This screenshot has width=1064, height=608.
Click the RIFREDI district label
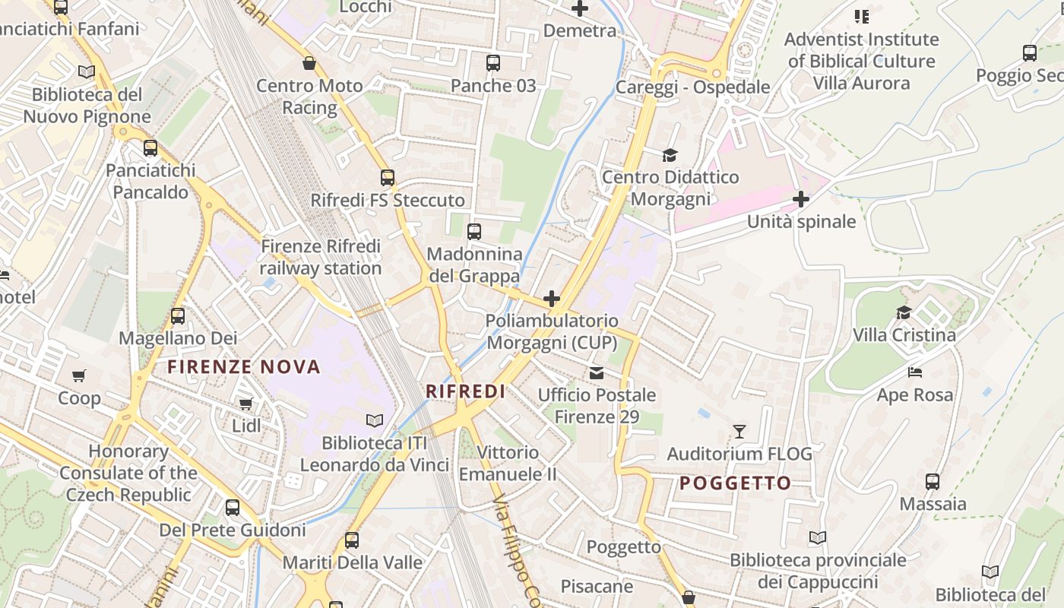pos(465,391)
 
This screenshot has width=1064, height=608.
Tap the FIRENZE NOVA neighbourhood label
pos(244,367)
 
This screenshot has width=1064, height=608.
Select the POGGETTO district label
pos(735,483)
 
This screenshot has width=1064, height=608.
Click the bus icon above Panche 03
pos(493,63)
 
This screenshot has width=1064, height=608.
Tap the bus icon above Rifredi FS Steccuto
pos(388,178)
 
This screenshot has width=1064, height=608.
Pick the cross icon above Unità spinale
pos(800,199)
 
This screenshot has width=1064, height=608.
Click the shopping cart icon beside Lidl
pos(245,404)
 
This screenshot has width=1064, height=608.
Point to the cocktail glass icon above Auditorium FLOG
pos(739,432)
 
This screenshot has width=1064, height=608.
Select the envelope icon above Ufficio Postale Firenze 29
pos(597,372)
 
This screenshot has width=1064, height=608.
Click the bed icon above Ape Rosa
pos(915,372)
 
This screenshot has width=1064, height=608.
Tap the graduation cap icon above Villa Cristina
pos(904,312)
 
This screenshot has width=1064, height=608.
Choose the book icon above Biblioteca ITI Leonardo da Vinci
pos(374,420)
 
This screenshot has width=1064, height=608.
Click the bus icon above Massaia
pos(933,481)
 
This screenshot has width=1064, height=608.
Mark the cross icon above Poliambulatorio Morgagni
pos(552,299)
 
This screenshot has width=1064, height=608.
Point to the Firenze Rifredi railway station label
pos(321,257)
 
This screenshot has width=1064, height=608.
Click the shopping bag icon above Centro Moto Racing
pos(309,63)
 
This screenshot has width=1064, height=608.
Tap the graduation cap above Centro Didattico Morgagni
pos(670,155)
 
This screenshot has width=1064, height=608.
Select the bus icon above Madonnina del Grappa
pos(474,232)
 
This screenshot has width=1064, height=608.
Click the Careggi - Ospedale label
pos(692,87)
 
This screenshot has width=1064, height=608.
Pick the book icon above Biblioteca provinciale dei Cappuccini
pos(818,538)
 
